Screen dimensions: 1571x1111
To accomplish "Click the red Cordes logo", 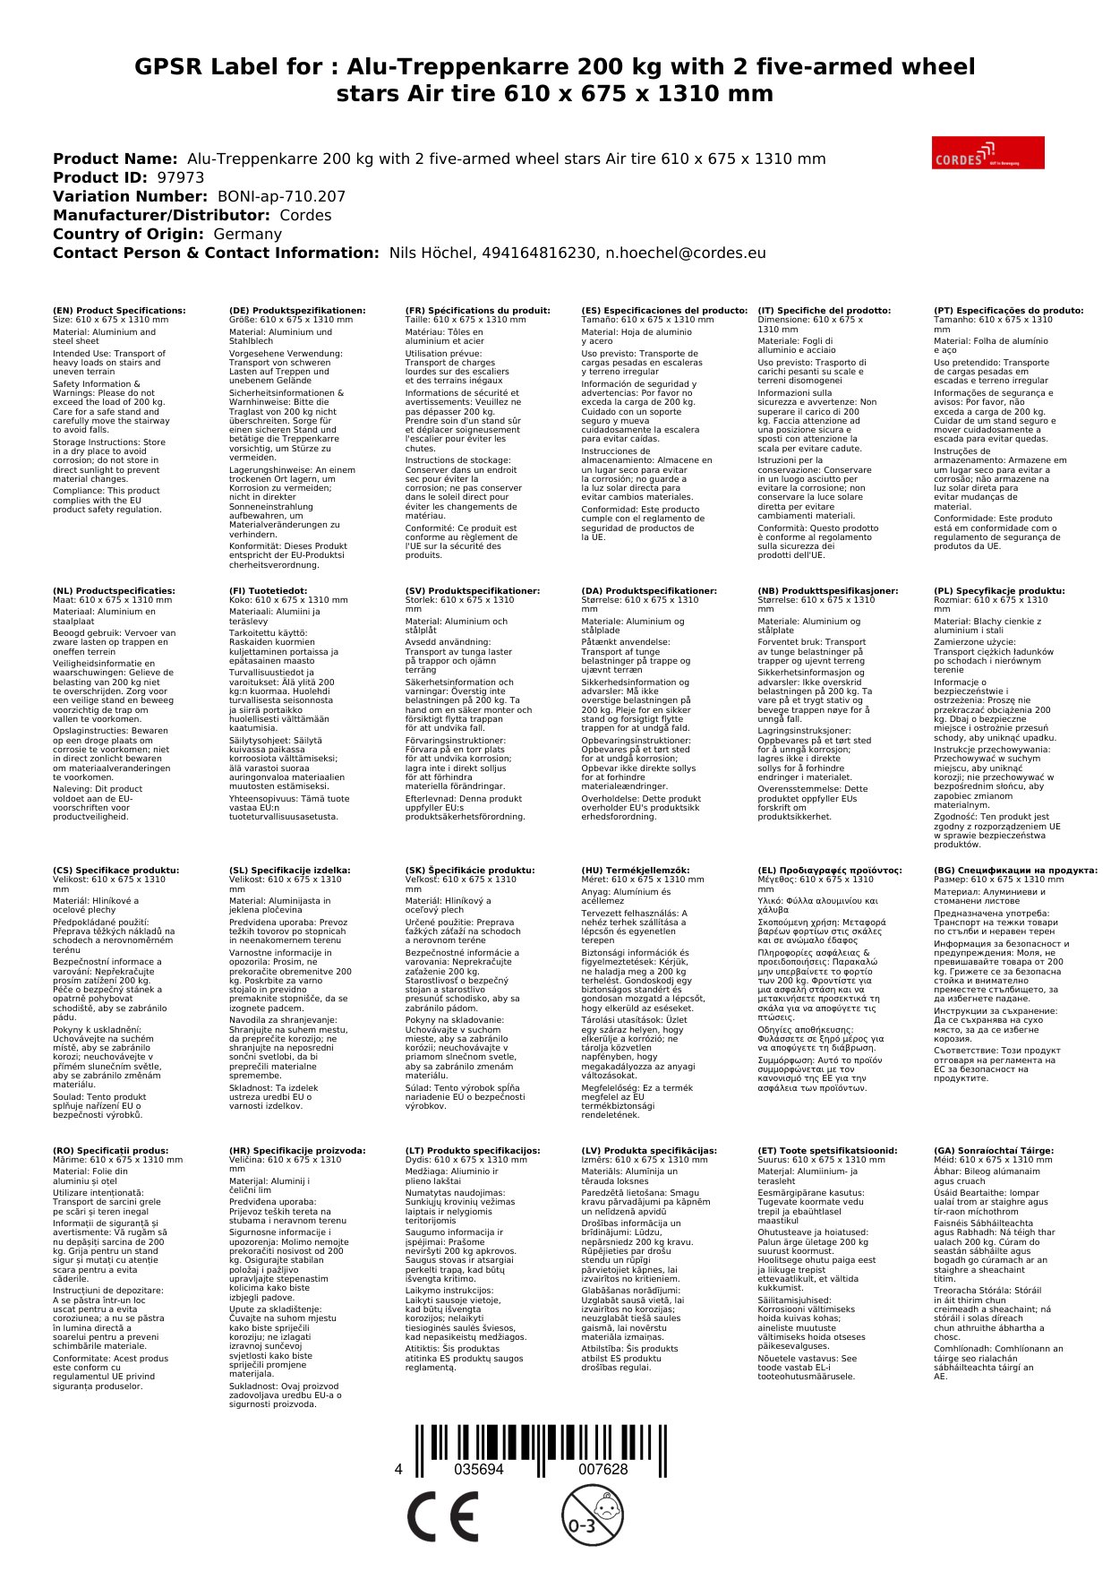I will point(987,152).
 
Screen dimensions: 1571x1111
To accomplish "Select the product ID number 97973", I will point(180,177).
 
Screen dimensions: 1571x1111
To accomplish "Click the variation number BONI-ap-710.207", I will point(281,196).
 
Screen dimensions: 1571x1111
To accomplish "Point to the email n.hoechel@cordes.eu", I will point(685,253).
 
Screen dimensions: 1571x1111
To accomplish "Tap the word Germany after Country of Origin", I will point(247,234).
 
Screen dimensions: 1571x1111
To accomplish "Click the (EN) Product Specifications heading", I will point(119,311).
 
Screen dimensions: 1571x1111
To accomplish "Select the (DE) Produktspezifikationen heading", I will point(297,311).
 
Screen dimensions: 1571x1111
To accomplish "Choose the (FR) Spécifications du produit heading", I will point(477,311).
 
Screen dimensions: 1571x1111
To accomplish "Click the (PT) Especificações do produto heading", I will point(1008,311).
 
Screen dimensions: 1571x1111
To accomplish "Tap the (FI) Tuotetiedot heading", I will point(268,591).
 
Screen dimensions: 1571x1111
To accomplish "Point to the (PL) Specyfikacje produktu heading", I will point(999,591).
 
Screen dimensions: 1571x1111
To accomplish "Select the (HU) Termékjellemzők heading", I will point(636,871).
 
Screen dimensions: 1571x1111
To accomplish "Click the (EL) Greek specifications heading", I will point(829,871).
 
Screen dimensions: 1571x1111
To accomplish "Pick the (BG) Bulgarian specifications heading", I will point(1015,871).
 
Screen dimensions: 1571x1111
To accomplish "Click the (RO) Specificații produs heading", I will point(110,1151).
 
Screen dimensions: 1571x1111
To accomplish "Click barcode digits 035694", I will point(479,1470).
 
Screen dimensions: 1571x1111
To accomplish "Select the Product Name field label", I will point(115,159).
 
